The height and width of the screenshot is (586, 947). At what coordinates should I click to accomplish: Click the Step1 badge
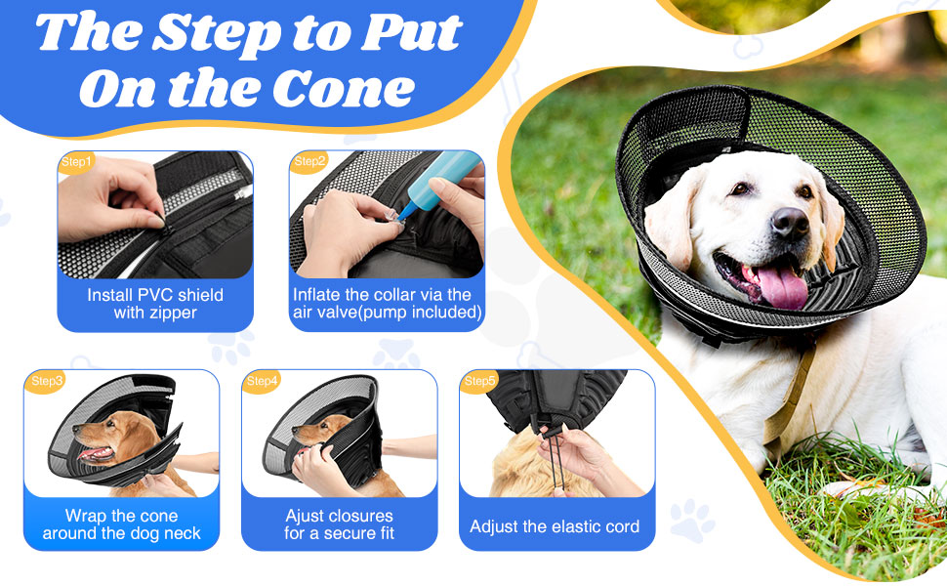[76, 162]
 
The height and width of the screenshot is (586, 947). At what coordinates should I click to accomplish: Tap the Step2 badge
[309, 161]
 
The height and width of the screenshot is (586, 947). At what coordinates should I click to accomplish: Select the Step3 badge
[48, 380]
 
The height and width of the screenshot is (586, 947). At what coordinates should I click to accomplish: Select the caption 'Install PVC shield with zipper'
[155, 304]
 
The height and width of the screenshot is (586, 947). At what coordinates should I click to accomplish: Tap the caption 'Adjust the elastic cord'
[555, 526]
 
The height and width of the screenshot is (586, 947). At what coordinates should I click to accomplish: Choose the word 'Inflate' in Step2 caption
[319, 294]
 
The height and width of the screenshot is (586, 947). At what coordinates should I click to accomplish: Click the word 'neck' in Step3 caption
[181, 534]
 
